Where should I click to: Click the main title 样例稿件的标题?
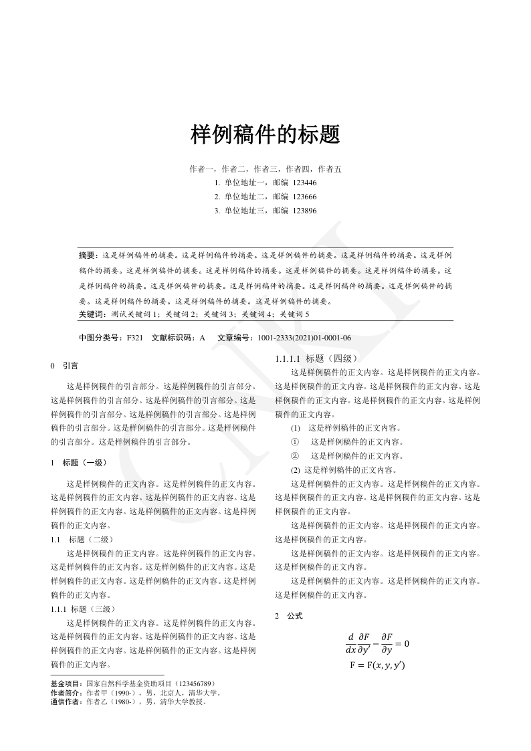coord(265,134)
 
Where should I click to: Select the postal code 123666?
coord(304,197)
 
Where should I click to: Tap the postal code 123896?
coord(304,211)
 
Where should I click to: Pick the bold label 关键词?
coord(91,314)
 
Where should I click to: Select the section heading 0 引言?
coord(64,366)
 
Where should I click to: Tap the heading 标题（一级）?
coord(84,462)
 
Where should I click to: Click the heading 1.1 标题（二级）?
coord(84,539)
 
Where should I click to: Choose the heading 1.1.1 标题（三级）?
coord(84,609)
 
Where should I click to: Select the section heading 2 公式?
coord(289,615)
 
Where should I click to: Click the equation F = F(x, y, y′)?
coord(377,665)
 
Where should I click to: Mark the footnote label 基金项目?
coord(67,684)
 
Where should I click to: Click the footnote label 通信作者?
coord(67,702)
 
